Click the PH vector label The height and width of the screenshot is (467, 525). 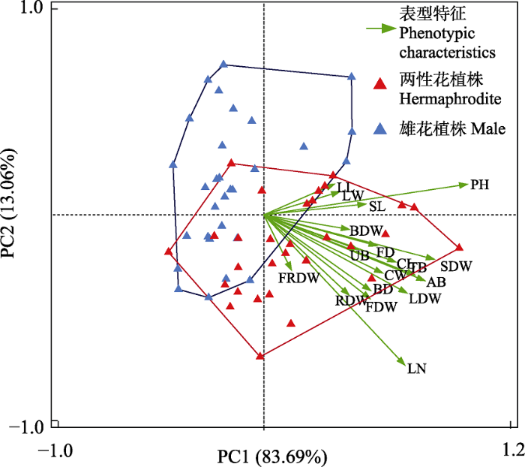(x=480, y=185)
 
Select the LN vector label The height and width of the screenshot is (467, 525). (x=417, y=368)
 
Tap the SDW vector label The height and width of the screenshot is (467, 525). (x=455, y=267)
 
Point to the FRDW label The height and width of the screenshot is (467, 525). (x=299, y=278)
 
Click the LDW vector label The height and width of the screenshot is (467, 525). (x=424, y=298)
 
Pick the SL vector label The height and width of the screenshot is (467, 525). (x=376, y=205)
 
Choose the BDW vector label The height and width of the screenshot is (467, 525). (x=366, y=229)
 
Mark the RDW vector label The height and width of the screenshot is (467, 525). (x=349, y=301)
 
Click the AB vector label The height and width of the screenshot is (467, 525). (x=436, y=282)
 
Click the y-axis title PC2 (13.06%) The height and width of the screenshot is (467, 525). (x=13, y=215)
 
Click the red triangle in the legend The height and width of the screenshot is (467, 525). (x=381, y=83)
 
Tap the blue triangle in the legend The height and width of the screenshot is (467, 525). (x=381, y=128)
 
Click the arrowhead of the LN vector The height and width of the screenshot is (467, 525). (x=405, y=363)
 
